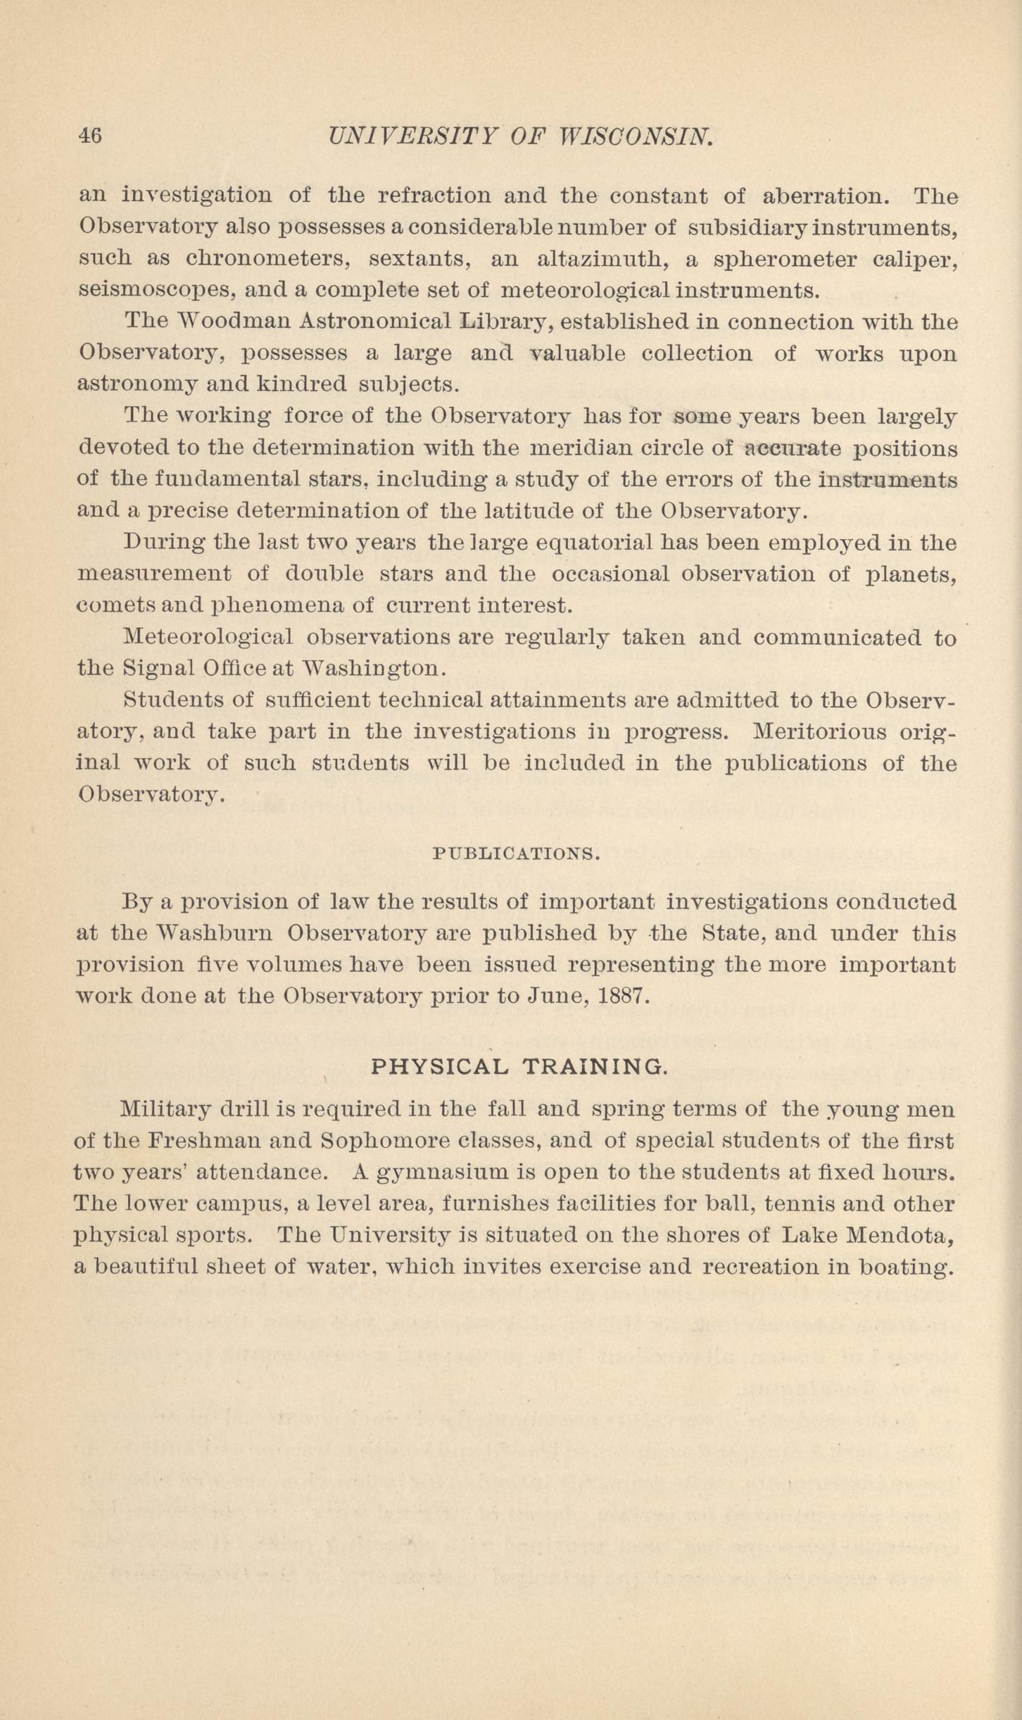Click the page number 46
[90, 134]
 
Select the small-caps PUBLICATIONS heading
[516, 854]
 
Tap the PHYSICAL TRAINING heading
[517, 1066]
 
